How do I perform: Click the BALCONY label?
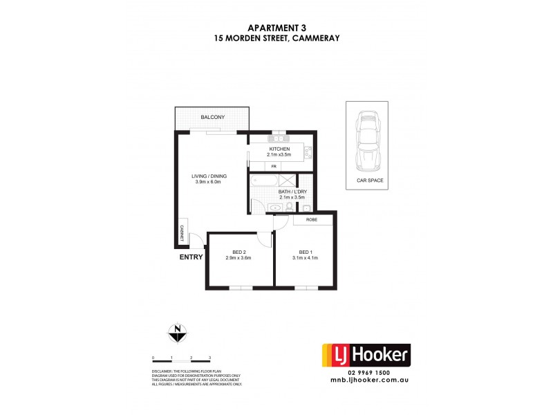tap(212, 118)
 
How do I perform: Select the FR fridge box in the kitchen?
tap(274, 167)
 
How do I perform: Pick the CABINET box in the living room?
tap(182, 232)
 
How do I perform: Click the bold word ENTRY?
tap(191, 257)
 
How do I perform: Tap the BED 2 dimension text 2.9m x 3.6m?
tap(238, 258)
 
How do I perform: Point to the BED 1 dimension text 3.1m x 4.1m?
tap(306, 258)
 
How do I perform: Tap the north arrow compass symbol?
tap(178, 333)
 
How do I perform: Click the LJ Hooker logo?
tap(367, 357)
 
